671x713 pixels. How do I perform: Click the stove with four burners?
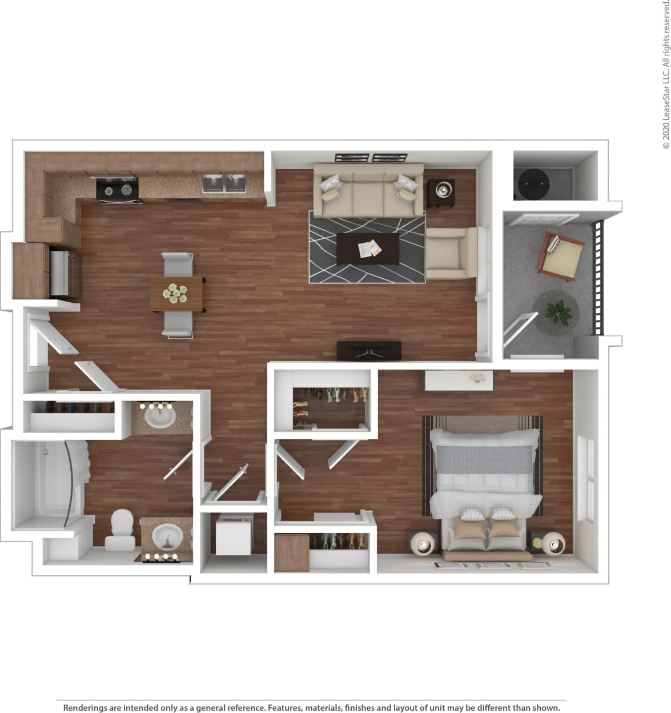click(x=118, y=189)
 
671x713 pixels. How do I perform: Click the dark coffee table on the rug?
click(x=368, y=249)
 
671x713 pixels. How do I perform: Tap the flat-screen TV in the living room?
click(x=369, y=350)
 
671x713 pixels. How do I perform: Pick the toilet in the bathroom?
click(x=120, y=530)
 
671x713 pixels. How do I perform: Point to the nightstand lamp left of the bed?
click(x=423, y=542)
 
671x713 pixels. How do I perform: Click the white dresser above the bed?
click(x=457, y=379)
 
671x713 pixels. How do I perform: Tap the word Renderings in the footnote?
click(x=87, y=707)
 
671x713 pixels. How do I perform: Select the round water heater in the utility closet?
click(x=533, y=184)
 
